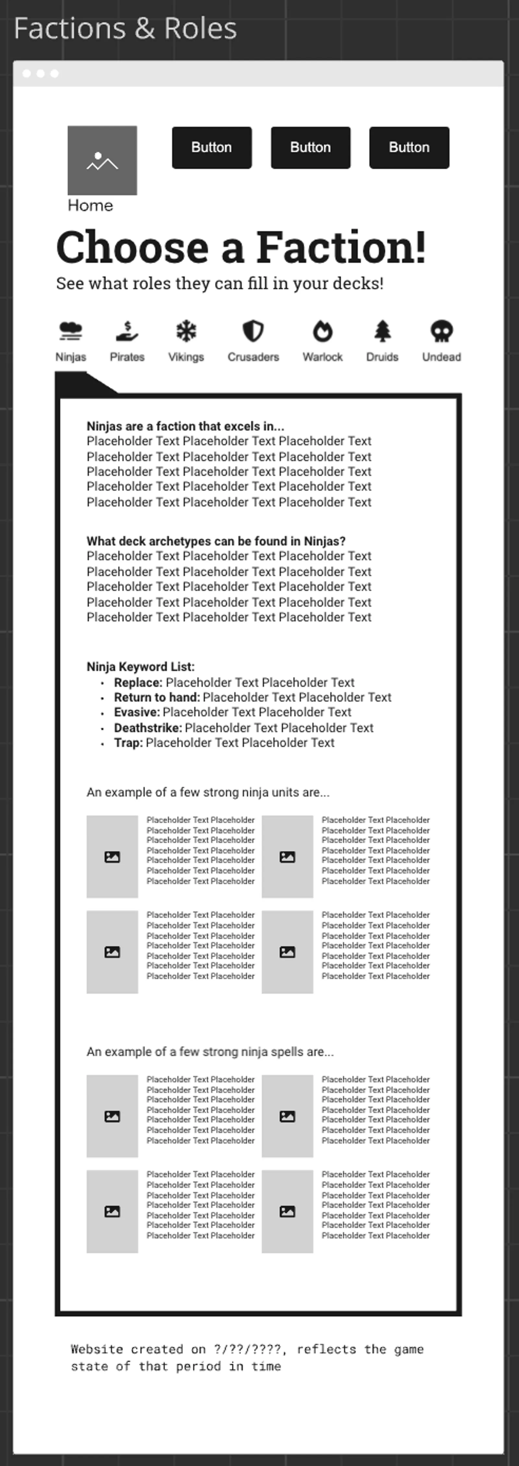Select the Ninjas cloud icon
[x=71, y=330]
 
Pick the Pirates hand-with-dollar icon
[x=127, y=330]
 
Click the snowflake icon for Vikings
[x=186, y=330]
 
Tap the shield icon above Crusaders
[x=253, y=330]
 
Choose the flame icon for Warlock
[x=323, y=330]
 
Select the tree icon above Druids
[x=382, y=330]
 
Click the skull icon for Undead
[x=441, y=330]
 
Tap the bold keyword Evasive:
[x=137, y=713]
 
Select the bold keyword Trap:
[x=128, y=743]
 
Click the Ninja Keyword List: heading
[x=140, y=667]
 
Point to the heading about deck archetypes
[x=216, y=541]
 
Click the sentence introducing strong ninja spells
[x=210, y=1052]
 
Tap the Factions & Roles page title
[x=125, y=29]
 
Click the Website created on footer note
[x=247, y=1357]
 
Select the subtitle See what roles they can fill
[x=220, y=283]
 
